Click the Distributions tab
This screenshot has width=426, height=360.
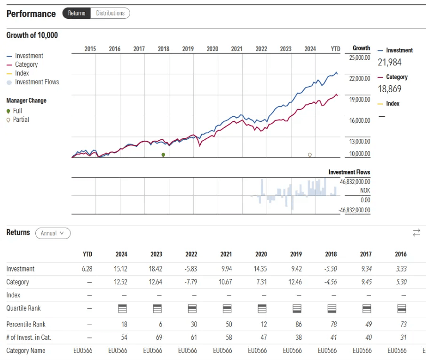point(110,13)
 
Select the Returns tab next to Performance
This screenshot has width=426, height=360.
point(76,13)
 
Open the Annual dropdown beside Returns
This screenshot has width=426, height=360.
point(53,233)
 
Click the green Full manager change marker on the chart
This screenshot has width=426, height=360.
point(163,155)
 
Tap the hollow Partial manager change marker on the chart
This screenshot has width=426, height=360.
point(309,154)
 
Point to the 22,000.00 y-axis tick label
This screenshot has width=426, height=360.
point(360,78)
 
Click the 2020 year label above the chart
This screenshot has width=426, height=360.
point(212,49)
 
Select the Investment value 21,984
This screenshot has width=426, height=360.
point(389,62)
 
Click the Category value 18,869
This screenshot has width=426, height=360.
point(389,89)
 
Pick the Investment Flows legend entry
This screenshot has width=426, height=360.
point(37,82)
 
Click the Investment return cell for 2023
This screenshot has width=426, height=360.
point(156,269)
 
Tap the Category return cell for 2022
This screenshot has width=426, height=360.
point(191,282)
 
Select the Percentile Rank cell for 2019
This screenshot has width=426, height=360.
point(296,324)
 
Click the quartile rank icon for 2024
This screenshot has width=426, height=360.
point(121,309)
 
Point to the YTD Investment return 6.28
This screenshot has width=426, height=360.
point(87,269)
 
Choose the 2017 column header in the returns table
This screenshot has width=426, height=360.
point(365,254)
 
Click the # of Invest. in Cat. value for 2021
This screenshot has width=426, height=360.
point(226,337)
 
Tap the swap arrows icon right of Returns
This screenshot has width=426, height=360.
point(416,232)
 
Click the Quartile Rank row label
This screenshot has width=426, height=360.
point(23,308)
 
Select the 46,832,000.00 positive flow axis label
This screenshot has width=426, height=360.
point(355,182)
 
